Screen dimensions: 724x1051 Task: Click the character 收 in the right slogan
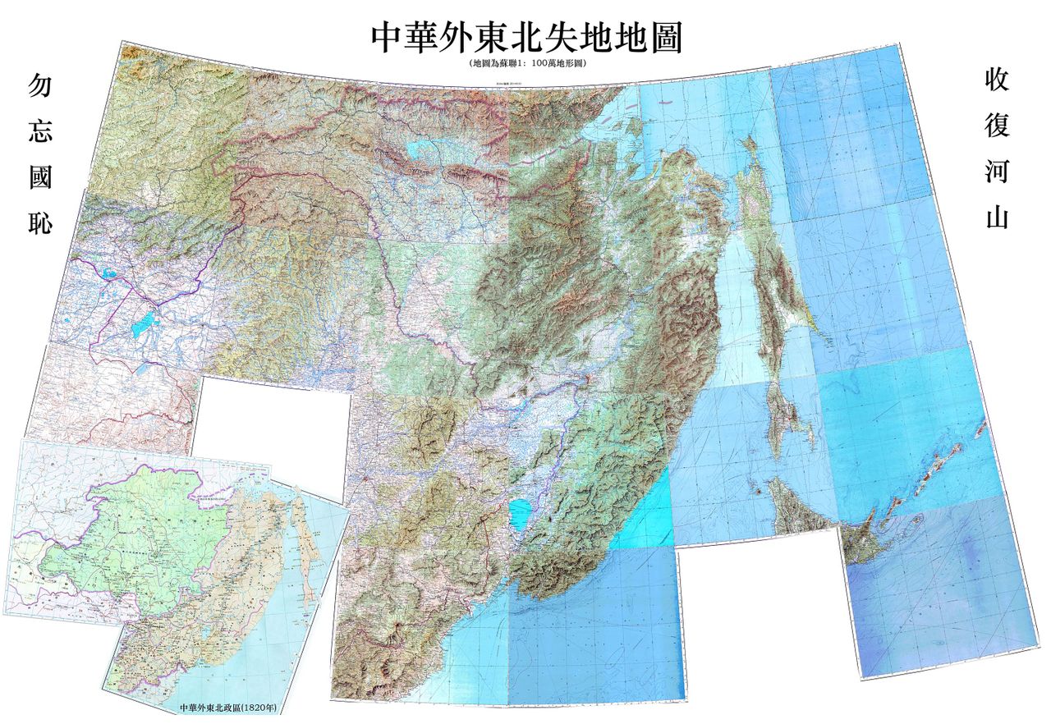996,80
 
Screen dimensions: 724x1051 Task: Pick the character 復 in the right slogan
996,126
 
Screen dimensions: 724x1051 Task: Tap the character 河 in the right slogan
996,172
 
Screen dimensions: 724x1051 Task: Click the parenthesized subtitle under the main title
525,62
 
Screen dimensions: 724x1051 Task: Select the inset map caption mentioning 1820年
227,706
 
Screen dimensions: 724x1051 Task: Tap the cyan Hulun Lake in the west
145,321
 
